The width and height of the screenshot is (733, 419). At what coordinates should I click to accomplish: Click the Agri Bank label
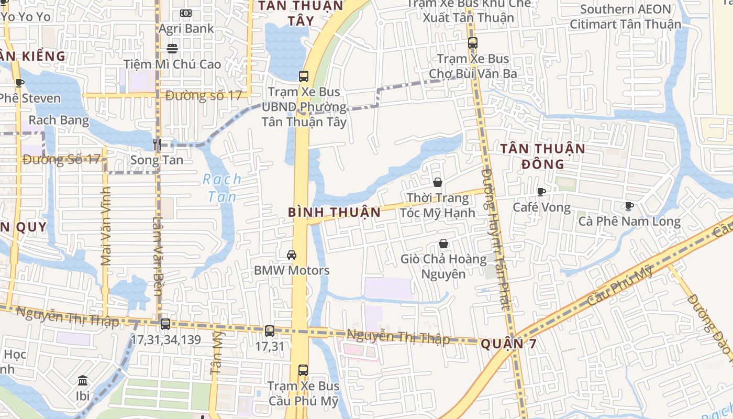[x=186, y=29]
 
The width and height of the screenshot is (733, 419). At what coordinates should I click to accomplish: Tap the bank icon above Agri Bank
[x=186, y=13]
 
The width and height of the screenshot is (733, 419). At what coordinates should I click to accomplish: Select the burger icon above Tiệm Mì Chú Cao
[x=172, y=49]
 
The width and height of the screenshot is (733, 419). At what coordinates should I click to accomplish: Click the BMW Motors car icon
[x=292, y=255]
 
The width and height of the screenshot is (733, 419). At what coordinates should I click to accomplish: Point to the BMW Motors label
[x=292, y=270]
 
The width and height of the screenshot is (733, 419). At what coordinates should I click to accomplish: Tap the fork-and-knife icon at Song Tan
[x=157, y=144]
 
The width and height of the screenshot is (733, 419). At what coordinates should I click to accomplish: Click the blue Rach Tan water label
[x=222, y=188]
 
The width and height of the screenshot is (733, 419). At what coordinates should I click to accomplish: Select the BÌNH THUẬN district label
[x=334, y=212]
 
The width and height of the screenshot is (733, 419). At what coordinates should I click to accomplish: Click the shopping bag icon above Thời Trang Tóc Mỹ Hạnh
[x=438, y=182]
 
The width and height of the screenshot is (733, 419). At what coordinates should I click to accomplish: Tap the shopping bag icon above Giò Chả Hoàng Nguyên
[x=443, y=244]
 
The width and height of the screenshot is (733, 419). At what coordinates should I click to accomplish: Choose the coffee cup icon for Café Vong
[x=541, y=192]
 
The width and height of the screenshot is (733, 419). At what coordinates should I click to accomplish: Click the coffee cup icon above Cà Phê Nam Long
[x=629, y=206]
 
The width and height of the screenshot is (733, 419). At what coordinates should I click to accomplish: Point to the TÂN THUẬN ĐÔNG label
[x=542, y=156]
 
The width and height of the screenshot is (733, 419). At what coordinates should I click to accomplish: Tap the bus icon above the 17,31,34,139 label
[x=165, y=324]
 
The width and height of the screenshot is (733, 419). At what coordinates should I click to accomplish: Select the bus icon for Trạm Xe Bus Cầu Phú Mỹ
[x=303, y=370]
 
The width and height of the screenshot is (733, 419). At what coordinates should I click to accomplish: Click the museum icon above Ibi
[x=83, y=380]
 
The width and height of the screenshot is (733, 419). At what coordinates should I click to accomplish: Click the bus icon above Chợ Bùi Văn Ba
[x=473, y=43]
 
